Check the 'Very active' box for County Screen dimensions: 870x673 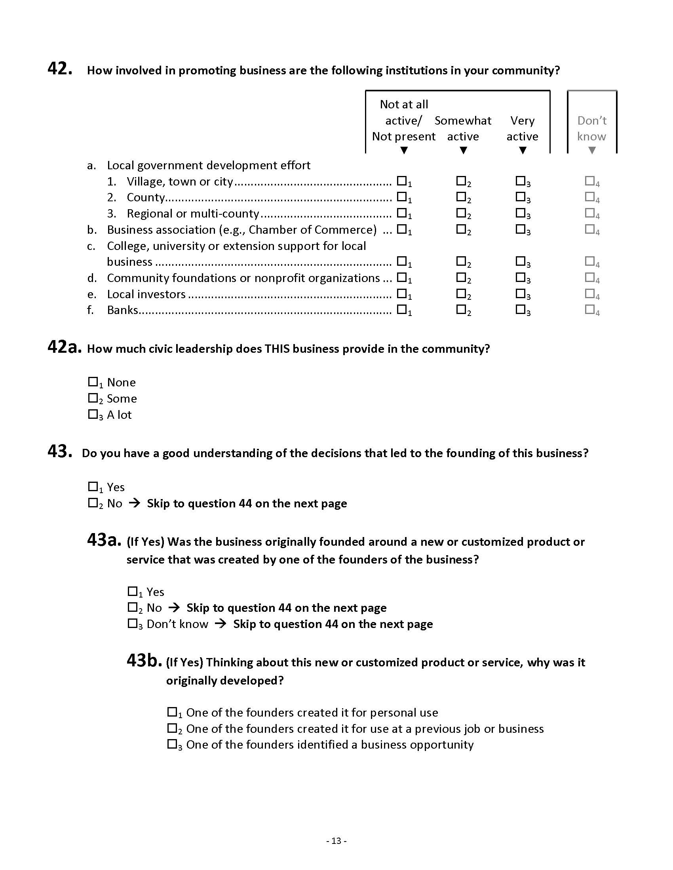click(x=520, y=197)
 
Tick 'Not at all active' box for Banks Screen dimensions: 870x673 click(x=402, y=309)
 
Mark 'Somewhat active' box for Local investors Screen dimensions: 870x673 click(x=461, y=293)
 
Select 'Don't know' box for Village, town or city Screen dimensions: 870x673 click(x=590, y=181)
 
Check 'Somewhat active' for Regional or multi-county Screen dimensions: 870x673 click(x=461, y=213)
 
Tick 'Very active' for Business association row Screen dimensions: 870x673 click(x=520, y=229)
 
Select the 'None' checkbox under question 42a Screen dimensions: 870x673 click(x=93, y=382)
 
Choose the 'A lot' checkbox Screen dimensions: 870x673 click(x=93, y=414)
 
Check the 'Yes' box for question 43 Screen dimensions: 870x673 click(x=93, y=486)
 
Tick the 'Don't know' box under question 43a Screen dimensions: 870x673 click(x=132, y=623)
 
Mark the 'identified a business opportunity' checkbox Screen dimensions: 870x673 click(x=172, y=744)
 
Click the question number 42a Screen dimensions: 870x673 click(x=64, y=347)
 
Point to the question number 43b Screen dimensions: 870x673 click(x=144, y=660)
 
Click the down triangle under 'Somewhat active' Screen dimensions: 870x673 click(x=463, y=151)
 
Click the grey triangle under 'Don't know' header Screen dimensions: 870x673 click(x=592, y=151)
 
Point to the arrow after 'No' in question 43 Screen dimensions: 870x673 click(x=135, y=503)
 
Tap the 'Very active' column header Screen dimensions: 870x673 click(x=522, y=128)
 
